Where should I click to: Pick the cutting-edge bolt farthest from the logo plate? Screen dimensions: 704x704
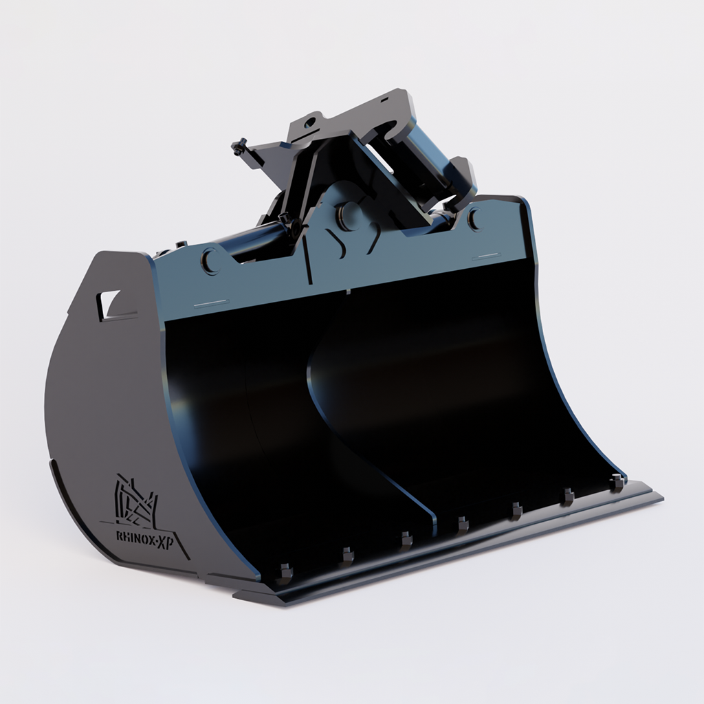click(x=617, y=482)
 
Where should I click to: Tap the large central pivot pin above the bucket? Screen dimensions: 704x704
click(x=350, y=212)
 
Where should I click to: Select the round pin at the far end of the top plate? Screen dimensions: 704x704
click(x=474, y=219)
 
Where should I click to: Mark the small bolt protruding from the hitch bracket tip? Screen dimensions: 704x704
click(x=239, y=146)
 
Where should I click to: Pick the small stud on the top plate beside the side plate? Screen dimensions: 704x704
click(x=181, y=244)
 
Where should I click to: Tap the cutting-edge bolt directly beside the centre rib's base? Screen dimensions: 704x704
click(x=463, y=525)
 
